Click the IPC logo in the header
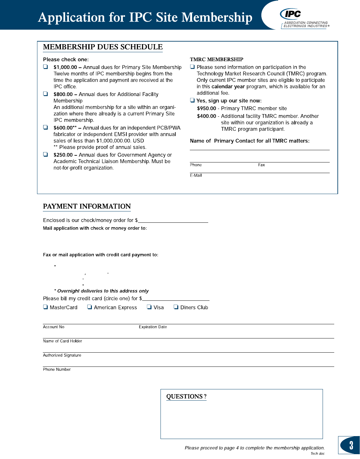tap(291, 14)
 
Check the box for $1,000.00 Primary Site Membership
tap(45, 67)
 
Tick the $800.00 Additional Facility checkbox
tap(45, 94)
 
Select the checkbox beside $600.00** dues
tap(45, 127)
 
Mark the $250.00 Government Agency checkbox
tap(45, 154)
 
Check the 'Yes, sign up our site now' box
tap(192, 100)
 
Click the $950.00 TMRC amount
tap(207, 109)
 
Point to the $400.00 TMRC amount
tap(207, 116)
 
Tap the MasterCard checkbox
tap(45, 307)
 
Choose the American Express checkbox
tap(90, 307)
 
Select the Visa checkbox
tap(149, 307)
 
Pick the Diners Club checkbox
tap(176, 307)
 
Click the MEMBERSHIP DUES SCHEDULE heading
tap(103, 47)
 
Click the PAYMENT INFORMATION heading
tap(87, 207)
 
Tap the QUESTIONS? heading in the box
tap(186, 397)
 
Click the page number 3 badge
tap(351, 445)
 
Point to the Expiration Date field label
tap(153, 327)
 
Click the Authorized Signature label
tap(62, 356)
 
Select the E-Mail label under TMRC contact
tap(196, 176)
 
